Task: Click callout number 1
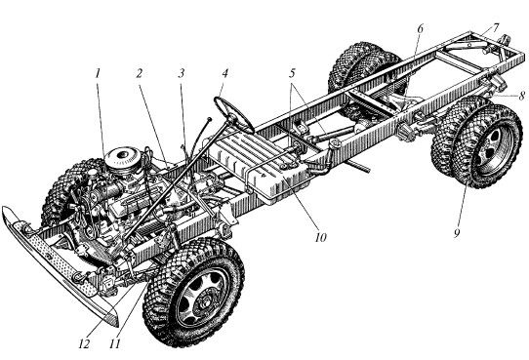click(98, 74)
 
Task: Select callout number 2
click(139, 74)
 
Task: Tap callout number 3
click(182, 74)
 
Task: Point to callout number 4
click(224, 74)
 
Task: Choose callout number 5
click(292, 73)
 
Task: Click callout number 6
click(420, 28)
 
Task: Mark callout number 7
click(495, 28)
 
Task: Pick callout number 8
click(521, 96)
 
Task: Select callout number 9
click(457, 232)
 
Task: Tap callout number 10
click(321, 238)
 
